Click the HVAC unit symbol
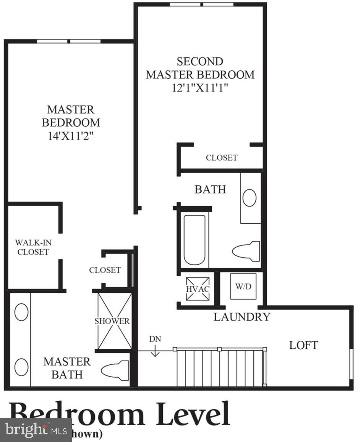coord(198,289)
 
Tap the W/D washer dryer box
coord(243,286)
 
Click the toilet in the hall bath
coord(246,251)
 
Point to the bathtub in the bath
coord(195,240)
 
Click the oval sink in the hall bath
coord(250,198)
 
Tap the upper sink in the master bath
coord(21,312)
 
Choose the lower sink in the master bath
coord(21,367)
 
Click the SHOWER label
coord(112,321)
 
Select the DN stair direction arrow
coord(155,350)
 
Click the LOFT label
coord(303,345)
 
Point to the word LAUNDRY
coord(242,317)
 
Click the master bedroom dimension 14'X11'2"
coord(71,136)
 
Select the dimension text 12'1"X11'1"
coord(200,88)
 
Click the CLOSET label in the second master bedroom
coord(222,158)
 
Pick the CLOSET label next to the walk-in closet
coord(105,270)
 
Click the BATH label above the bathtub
coord(210,189)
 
